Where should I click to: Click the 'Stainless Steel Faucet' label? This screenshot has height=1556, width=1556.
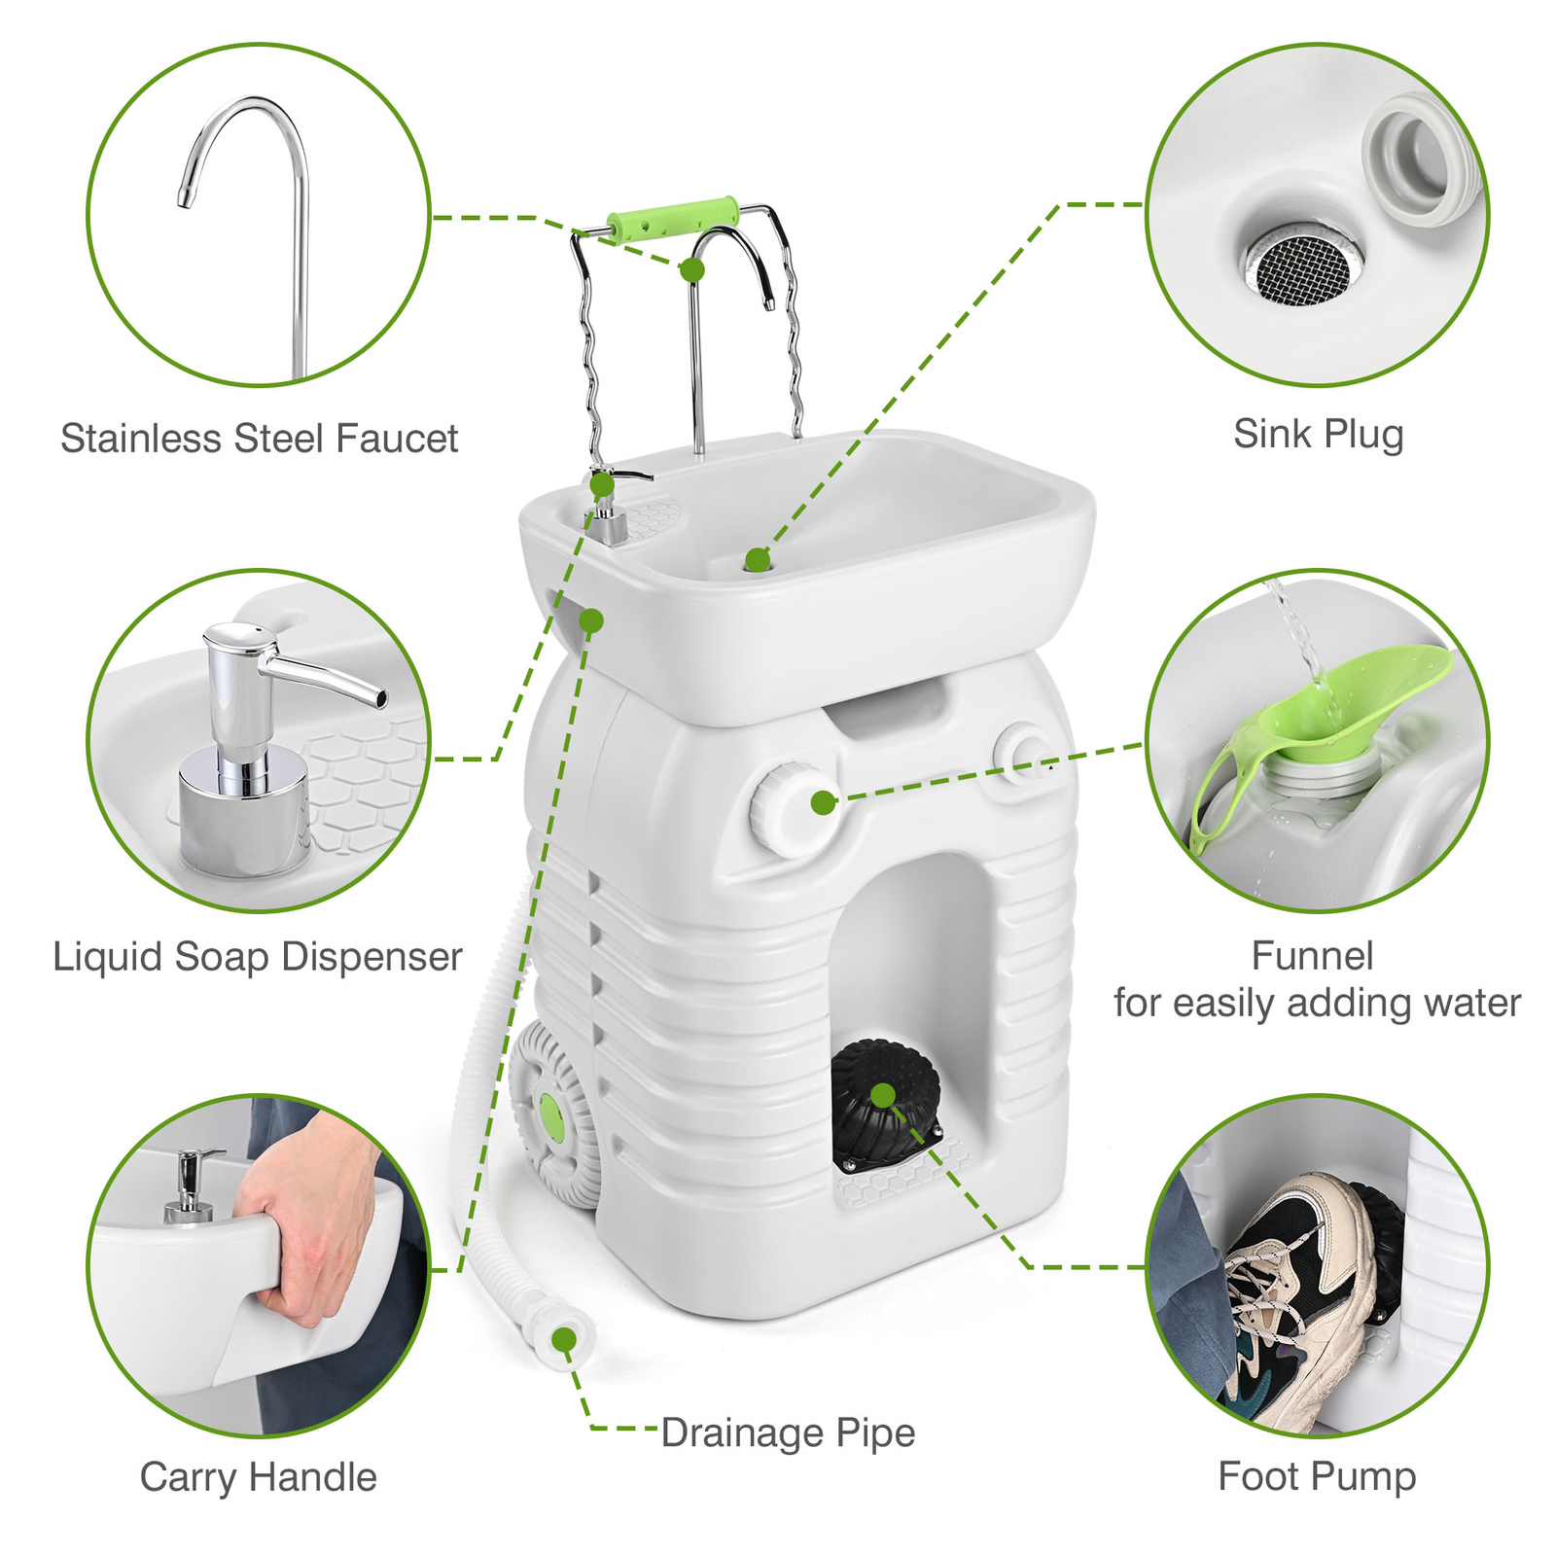point(259,439)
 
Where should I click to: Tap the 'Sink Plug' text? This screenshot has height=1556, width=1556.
point(1318,434)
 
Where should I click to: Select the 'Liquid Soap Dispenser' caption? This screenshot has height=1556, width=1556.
point(258,957)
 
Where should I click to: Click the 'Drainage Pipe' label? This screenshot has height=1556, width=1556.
point(788,1432)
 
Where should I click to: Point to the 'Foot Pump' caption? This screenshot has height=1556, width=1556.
point(1317,1476)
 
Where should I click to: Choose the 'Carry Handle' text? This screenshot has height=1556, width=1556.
point(258,1477)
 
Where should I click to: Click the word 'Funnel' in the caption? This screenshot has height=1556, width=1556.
point(1312,956)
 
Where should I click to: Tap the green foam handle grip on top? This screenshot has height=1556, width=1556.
point(672,216)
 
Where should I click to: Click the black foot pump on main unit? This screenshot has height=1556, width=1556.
point(883,1099)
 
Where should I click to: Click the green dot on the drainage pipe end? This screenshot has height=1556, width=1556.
point(563,1340)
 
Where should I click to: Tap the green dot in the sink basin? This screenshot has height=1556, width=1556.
point(757,559)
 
